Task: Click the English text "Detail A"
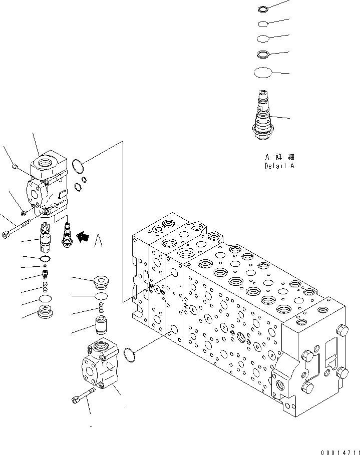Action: point(279,166)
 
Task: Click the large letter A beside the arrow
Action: point(99,242)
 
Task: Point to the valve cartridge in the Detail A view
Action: point(263,116)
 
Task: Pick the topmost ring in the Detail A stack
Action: point(263,9)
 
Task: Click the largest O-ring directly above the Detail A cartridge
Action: point(263,73)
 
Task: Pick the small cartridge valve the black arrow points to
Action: point(66,235)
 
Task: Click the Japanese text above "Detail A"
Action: point(279,157)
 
